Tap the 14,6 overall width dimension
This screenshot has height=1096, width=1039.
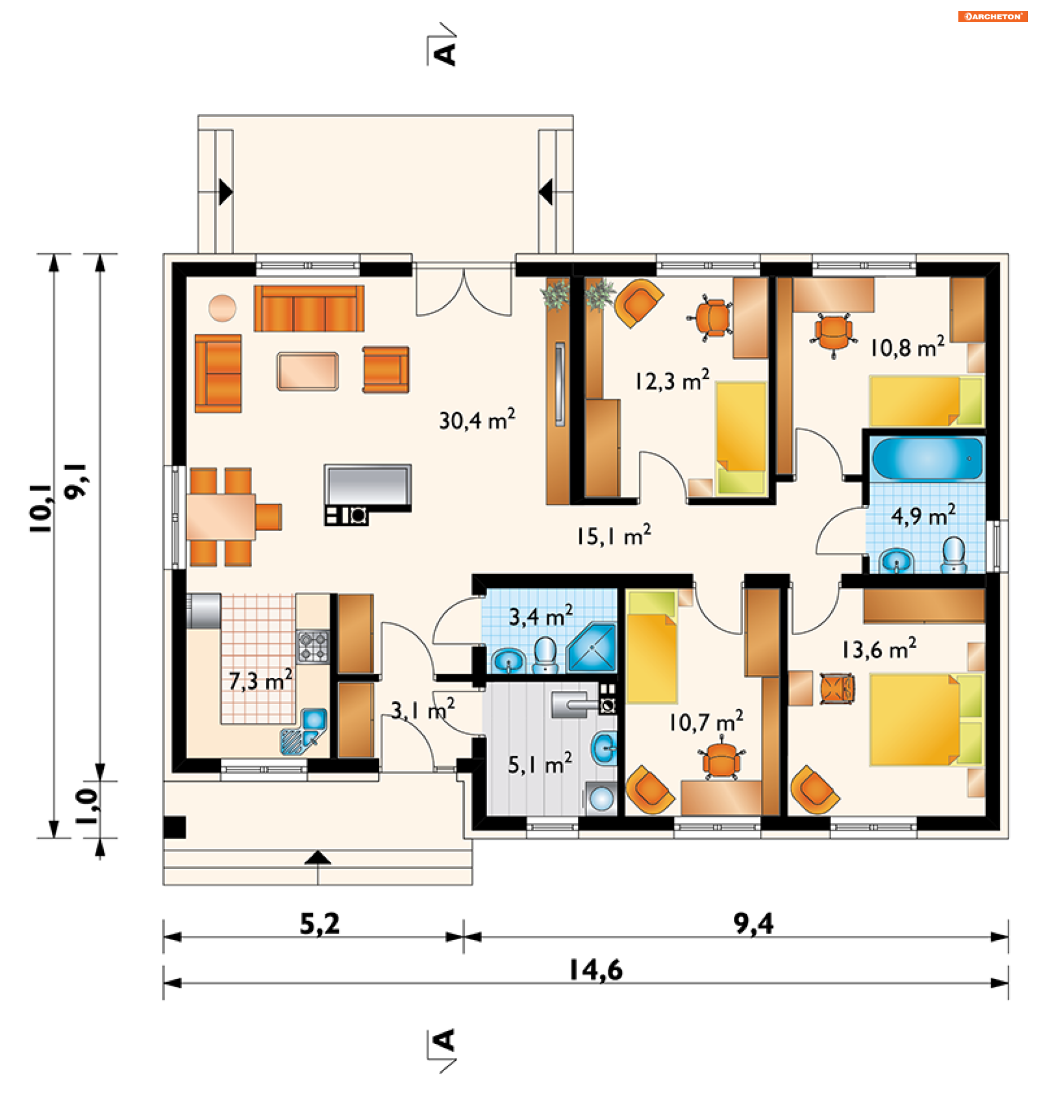click(x=596, y=970)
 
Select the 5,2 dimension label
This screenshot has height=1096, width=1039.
click(x=320, y=924)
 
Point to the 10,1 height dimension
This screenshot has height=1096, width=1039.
click(x=41, y=509)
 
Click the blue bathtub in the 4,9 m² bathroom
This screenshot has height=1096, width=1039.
click(x=927, y=458)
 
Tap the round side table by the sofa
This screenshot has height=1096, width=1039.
click(x=222, y=308)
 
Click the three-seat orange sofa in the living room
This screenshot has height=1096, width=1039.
click(x=309, y=308)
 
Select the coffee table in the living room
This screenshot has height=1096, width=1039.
click(x=307, y=371)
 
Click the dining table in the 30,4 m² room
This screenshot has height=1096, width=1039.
click(x=220, y=517)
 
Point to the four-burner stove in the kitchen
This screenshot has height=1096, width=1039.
click(x=313, y=646)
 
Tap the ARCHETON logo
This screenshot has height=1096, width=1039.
click(x=993, y=17)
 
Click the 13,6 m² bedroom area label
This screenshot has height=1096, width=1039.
click(x=879, y=648)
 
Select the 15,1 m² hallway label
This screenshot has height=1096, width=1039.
click(x=614, y=535)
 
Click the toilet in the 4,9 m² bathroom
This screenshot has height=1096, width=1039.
click(x=953, y=554)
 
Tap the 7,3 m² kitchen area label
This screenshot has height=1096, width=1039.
click(x=260, y=680)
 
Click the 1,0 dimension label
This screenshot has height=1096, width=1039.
click(x=87, y=807)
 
